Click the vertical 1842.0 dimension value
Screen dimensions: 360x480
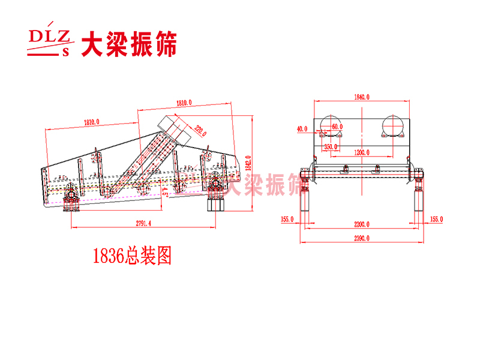click(x=247, y=161)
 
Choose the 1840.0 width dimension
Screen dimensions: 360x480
click(x=361, y=97)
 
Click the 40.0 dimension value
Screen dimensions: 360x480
click(x=302, y=128)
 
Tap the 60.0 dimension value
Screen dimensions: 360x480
click(x=337, y=127)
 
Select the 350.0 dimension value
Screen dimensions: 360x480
click(x=331, y=146)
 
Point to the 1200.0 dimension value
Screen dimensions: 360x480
click(x=362, y=152)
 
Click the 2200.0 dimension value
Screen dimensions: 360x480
click(x=362, y=224)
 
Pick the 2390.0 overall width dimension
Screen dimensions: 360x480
click(x=362, y=238)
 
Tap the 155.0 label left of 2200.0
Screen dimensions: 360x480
click(x=287, y=220)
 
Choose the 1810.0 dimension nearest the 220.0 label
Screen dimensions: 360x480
click(x=184, y=103)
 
